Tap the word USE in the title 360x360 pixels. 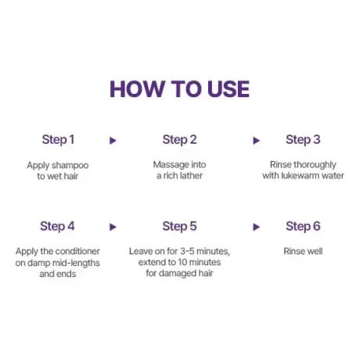(x=229, y=89)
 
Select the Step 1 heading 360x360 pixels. (x=58, y=140)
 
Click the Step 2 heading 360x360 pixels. (x=179, y=140)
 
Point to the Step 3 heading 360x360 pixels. (x=303, y=140)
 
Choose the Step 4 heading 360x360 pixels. (x=57, y=226)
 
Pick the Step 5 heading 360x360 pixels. (x=179, y=226)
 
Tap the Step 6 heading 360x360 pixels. (x=303, y=226)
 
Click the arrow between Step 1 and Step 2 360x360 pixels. (x=113, y=141)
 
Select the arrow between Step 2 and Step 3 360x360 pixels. (x=257, y=141)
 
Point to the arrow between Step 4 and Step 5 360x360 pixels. (x=113, y=227)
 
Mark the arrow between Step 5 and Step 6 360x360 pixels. (x=257, y=227)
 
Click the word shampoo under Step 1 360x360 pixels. (x=70, y=166)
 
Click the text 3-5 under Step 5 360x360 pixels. (x=187, y=251)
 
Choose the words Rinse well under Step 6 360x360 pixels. (x=303, y=251)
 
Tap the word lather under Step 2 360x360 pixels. (x=190, y=175)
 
